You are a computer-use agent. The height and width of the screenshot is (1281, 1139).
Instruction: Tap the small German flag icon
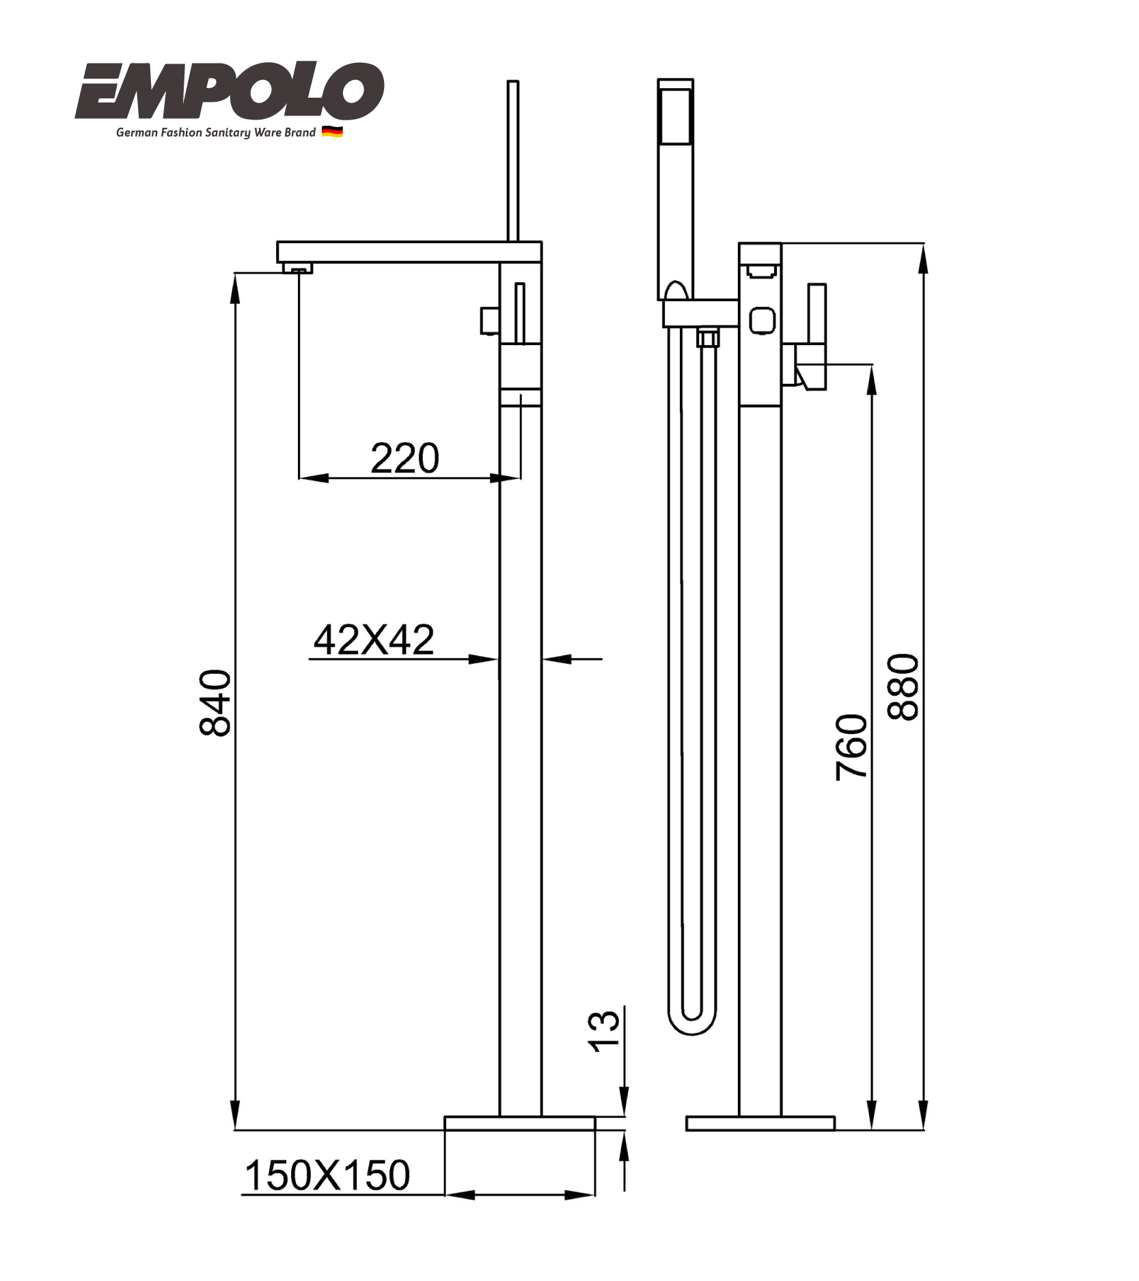(x=332, y=132)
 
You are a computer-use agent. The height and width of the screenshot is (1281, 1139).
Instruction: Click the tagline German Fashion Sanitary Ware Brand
(x=215, y=133)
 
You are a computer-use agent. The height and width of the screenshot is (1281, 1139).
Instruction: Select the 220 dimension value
(x=404, y=458)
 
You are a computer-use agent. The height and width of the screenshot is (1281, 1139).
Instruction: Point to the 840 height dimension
(x=215, y=702)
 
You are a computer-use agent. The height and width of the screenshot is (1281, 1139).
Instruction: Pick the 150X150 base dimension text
(x=327, y=1175)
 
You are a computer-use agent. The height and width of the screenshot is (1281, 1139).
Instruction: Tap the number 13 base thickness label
(x=604, y=1030)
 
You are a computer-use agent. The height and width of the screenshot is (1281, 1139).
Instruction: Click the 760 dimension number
(x=851, y=747)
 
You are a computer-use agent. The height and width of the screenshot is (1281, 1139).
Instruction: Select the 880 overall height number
(x=903, y=687)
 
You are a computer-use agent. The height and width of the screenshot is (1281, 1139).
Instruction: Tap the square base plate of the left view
(x=519, y=1123)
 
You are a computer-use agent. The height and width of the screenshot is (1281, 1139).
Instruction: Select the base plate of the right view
(x=760, y=1123)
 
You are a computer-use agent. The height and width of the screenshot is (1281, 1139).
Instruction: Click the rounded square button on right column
(x=762, y=320)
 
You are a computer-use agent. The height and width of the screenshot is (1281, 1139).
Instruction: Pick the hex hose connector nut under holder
(x=707, y=338)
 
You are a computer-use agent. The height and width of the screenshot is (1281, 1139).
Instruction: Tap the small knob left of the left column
(x=489, y=320)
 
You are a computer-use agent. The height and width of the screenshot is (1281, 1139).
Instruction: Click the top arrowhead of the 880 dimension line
(x=923, y=257)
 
